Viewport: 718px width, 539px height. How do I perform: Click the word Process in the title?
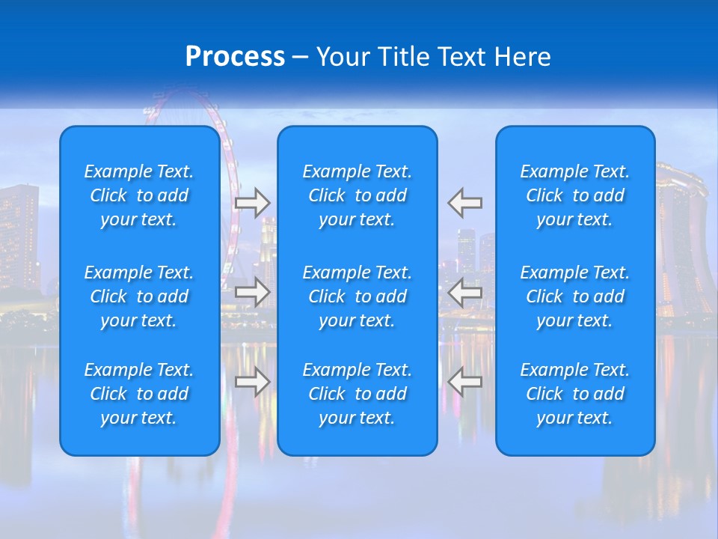click(235, 57)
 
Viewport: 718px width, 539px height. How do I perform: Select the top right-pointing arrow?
click(253, 202)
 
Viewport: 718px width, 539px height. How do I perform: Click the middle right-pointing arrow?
click(253, 292)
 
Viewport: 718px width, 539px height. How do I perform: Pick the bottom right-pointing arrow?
click(253, 382)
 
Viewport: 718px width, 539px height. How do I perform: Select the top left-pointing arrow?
click(465, 202)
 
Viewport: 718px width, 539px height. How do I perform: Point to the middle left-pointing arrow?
click(465, 292)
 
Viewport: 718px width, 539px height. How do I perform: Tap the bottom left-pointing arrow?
click(465, 382)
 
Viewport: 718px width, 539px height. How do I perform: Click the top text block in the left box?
click(139, 195)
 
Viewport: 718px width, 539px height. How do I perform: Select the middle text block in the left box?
click(139, 296)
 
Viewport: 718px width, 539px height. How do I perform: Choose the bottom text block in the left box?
click(139, 394)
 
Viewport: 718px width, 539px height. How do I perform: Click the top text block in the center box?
click(358, 195)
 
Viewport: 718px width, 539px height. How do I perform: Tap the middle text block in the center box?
click(358, 296)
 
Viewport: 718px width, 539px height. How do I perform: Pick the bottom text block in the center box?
click(358, 394)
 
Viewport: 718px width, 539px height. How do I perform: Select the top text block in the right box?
click(575, 195)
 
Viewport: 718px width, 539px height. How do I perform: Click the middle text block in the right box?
click(575, 296)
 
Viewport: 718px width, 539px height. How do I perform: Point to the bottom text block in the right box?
click(575, 394)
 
